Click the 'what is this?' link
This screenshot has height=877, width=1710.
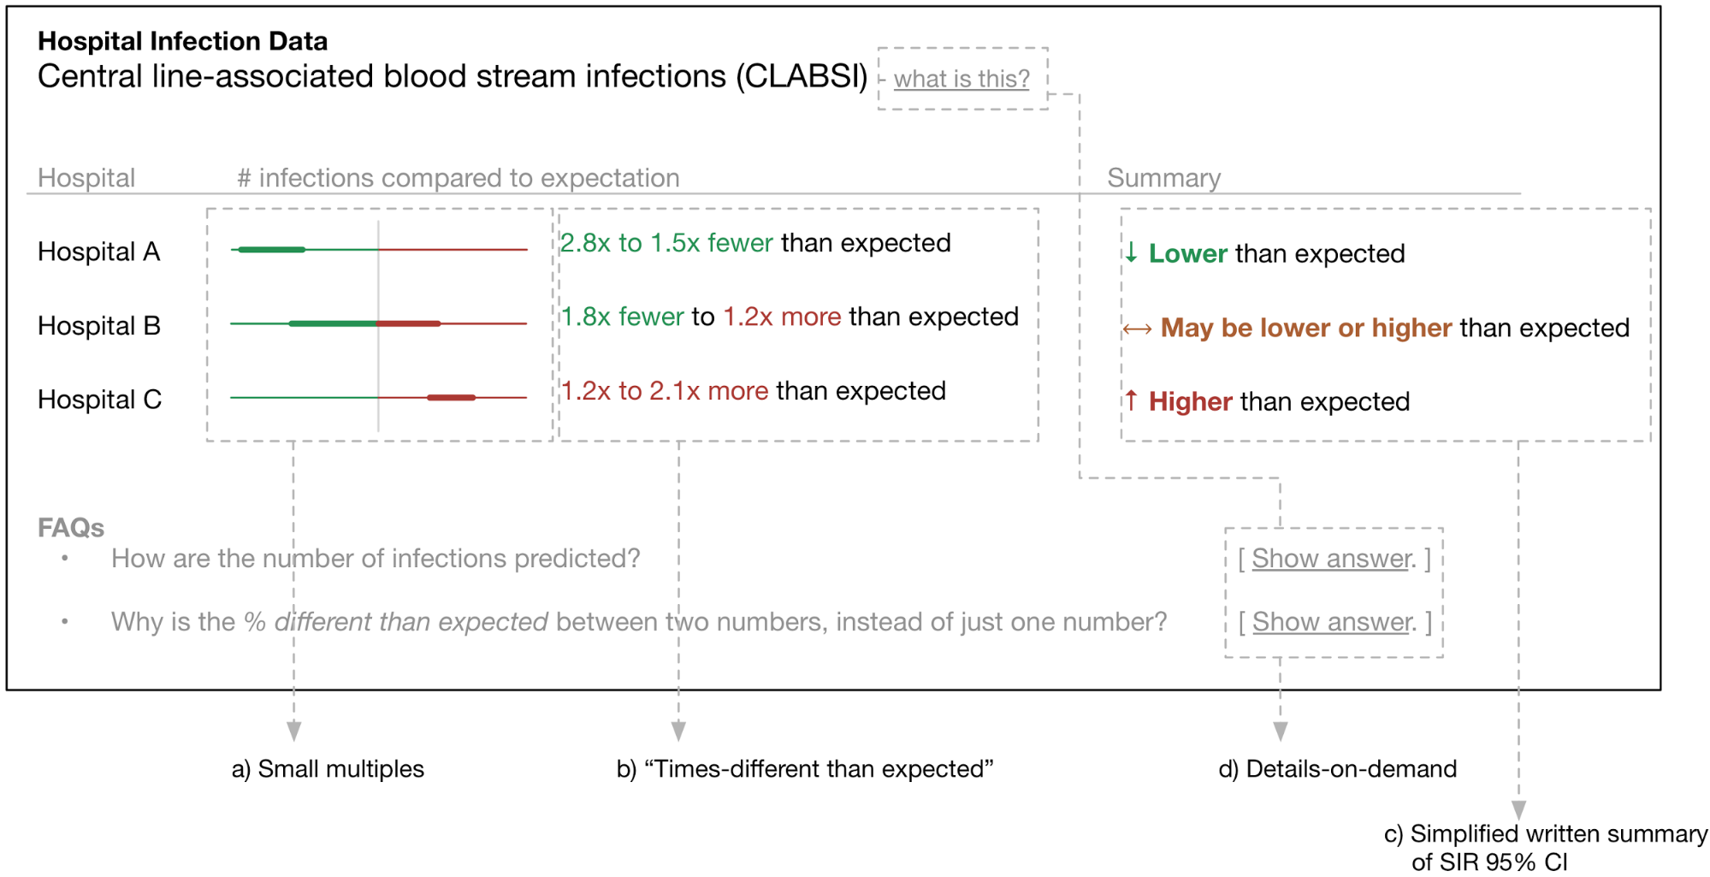(961, 79)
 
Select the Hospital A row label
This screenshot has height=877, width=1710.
(99, 252)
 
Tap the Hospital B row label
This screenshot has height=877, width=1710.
(99, 326)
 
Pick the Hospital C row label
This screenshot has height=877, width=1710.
(99, 400)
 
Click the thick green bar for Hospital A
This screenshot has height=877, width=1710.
(272, 250)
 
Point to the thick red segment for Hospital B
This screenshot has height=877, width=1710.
(409, 323)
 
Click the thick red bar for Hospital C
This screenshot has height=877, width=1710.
(451, 397)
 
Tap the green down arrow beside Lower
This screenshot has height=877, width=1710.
(1131, 252)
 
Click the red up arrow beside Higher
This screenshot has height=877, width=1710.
(1131, 400)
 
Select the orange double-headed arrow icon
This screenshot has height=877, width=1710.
(1137, 329)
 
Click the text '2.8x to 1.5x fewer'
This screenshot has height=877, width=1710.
(666, 243)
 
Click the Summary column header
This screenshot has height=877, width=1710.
(1163, 178)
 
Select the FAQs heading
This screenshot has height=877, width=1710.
(71, 528)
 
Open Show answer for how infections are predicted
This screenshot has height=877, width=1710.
(1333, 559)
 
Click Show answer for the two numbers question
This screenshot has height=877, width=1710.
(1333, 622)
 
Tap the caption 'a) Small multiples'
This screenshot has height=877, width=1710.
(328, 768)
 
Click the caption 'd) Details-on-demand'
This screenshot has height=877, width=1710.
(1337, 768)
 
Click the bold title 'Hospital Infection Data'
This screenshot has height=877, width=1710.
(182, 41)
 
